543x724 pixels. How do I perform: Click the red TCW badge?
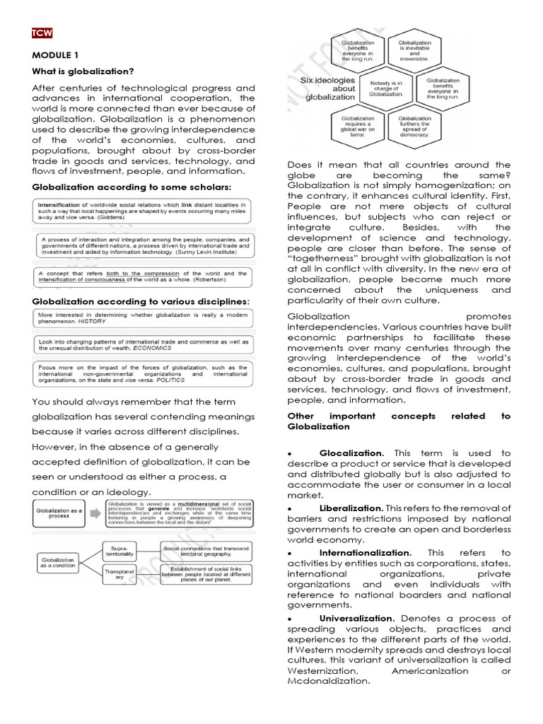[42, 33]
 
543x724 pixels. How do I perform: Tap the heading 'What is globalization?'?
[83, 71]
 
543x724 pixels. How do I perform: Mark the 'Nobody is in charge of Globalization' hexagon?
[386, 88]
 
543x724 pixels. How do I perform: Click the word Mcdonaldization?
[329, 682]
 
